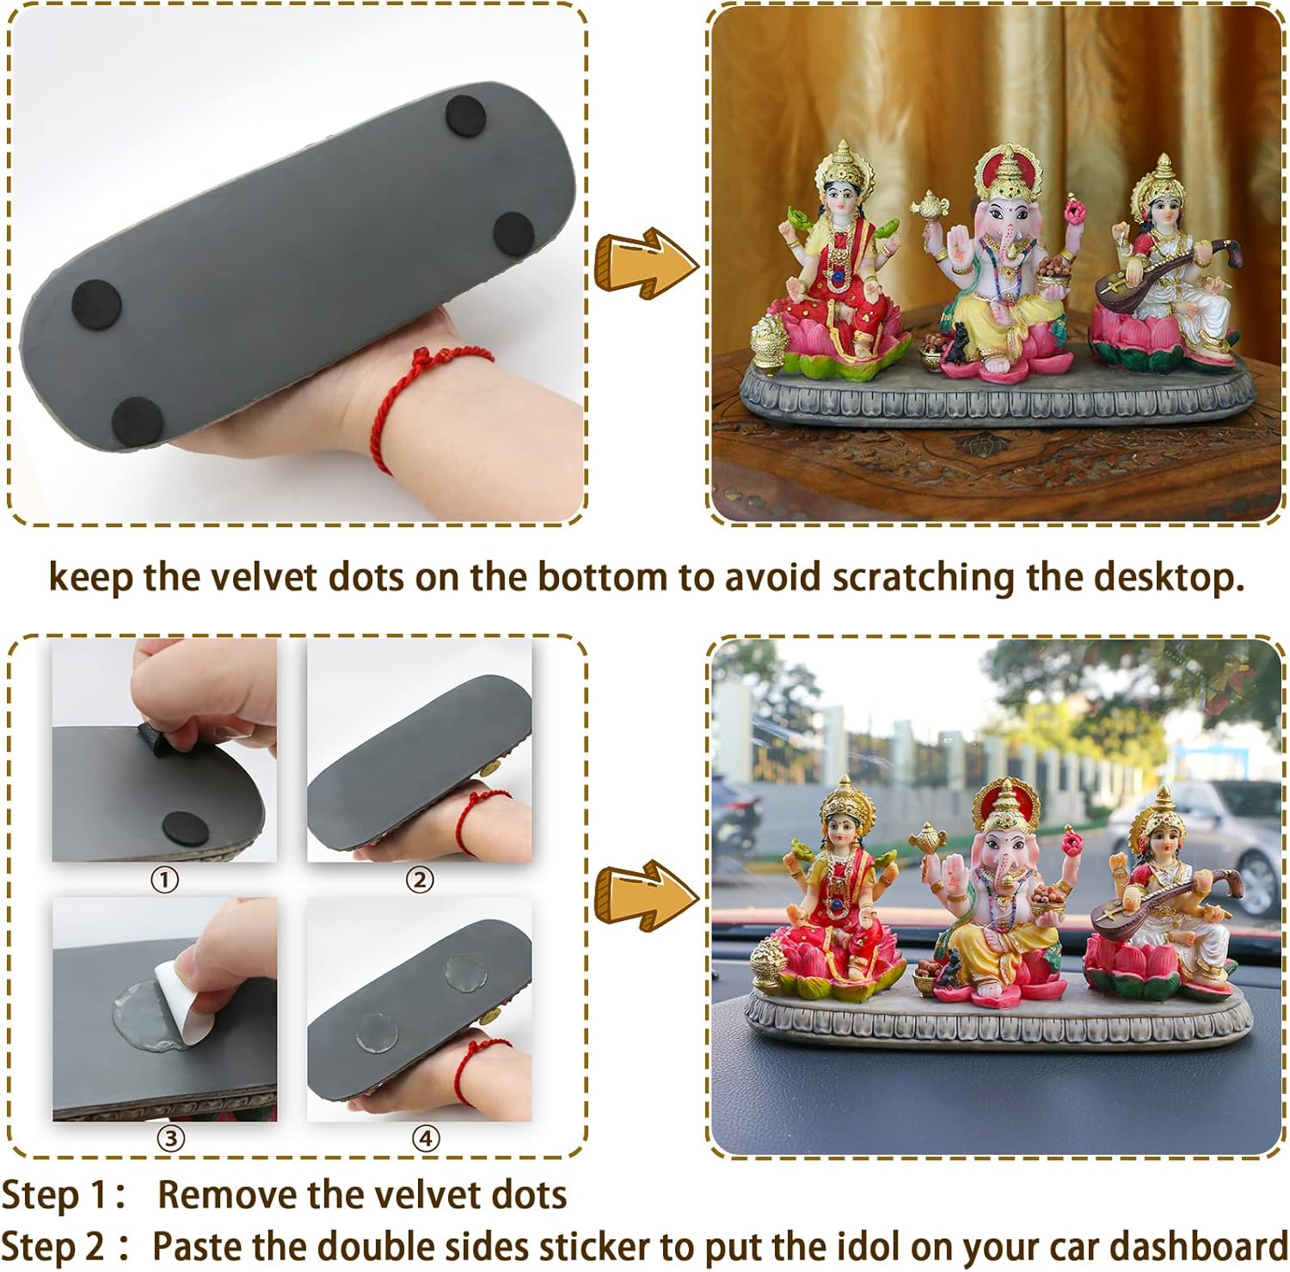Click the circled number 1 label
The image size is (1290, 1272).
164,880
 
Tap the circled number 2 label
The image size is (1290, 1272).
420,880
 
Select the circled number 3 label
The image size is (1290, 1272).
171,1139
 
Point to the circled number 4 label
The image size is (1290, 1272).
427,1139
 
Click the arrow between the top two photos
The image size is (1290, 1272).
646,262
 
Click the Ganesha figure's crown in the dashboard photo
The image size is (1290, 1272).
1006,808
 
